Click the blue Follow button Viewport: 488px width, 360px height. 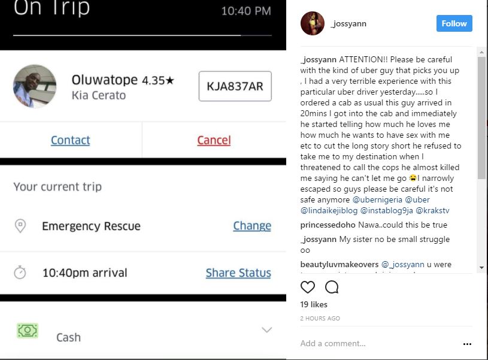(454, 23)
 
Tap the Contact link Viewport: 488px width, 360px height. (70, 140)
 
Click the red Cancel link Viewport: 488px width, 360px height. (214, 140)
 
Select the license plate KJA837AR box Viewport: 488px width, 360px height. (235, 86)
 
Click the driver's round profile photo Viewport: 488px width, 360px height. (35, 86)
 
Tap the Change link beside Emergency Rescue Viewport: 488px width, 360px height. (251, 226)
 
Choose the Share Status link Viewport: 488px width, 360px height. (238, 273)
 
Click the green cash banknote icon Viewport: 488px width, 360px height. (28, 331)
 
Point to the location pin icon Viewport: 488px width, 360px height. (20, 226)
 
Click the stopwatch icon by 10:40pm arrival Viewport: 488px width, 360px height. (20, 273)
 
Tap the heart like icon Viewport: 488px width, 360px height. (308, 287)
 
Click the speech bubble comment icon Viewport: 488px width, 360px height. (332, 287)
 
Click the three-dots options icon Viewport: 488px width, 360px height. (468, 344)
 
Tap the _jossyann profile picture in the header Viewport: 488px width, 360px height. (312, 23)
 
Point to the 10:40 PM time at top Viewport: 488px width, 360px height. (245, 11)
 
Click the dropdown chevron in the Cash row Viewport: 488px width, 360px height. (267, 330)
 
